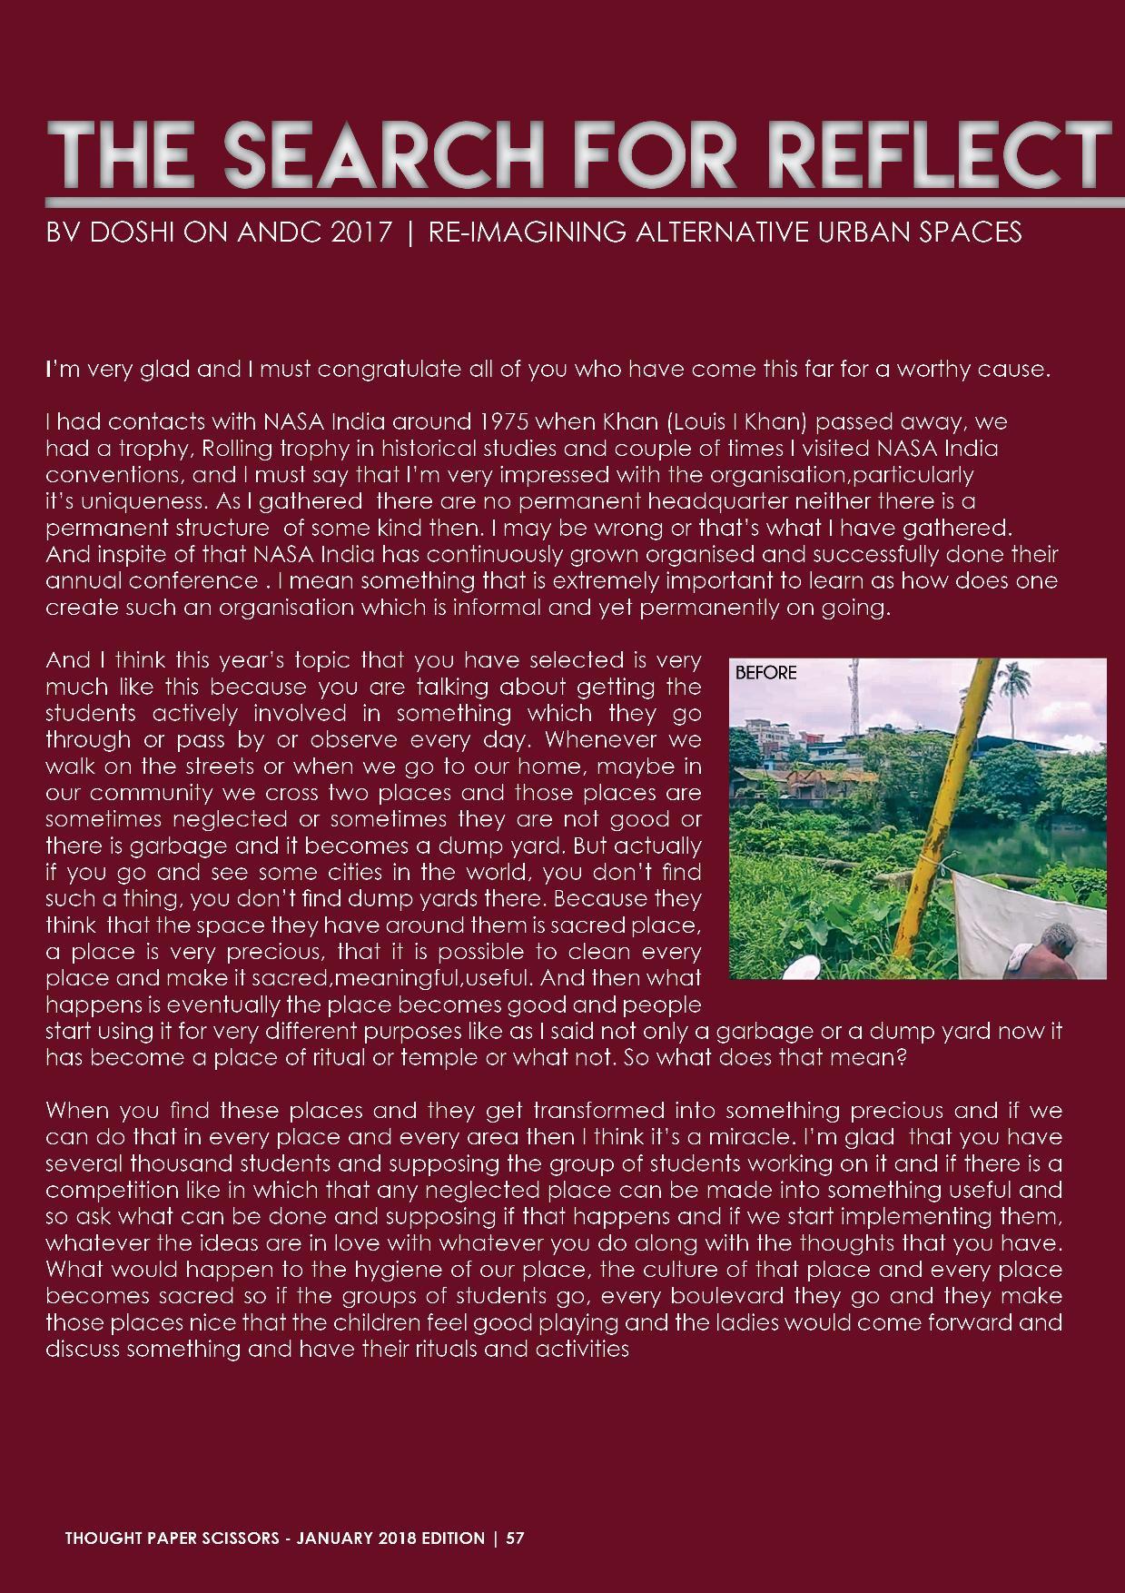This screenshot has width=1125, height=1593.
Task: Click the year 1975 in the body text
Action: [x=515, y=422]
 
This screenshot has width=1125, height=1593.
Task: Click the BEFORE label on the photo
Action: [x=765, y=673]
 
